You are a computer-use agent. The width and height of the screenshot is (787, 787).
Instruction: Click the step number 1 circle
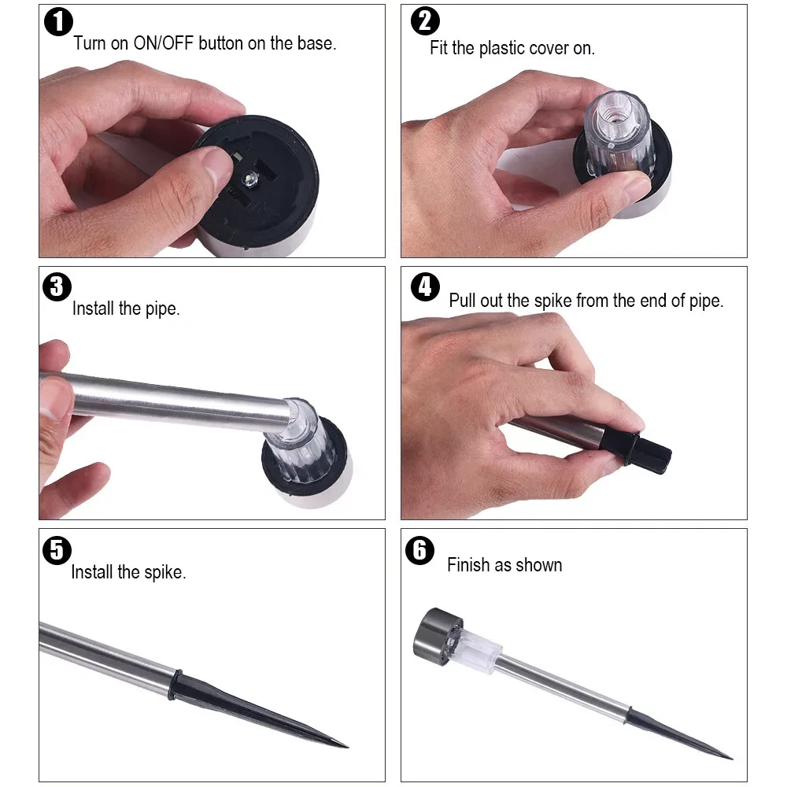tap(59, 22)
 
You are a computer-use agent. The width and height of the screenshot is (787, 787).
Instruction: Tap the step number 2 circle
tap(425, 21)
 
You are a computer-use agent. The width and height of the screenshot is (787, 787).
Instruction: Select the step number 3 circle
tap(57, 286)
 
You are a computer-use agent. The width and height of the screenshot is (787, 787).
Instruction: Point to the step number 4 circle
tap(425, 286)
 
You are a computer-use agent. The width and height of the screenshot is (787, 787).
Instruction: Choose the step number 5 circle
tap(57, 550)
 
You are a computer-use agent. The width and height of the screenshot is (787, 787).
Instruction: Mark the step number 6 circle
tap(419, 550)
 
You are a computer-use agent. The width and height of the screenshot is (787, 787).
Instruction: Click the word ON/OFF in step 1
tap(163, 43)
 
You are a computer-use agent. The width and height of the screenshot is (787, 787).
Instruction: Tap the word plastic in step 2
tap(501, 48)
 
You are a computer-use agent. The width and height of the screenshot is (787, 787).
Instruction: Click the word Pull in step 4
tap(462, 300)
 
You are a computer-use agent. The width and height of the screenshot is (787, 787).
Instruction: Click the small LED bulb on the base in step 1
tap(250, 177)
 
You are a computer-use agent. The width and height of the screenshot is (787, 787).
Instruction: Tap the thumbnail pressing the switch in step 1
tap(217, 160)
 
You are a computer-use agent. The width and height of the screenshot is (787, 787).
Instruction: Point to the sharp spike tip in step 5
tap(345, 746)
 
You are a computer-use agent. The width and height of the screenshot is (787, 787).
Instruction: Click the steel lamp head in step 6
tap(435, 637)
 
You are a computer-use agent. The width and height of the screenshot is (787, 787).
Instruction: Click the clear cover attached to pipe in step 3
tap(301, 441)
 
